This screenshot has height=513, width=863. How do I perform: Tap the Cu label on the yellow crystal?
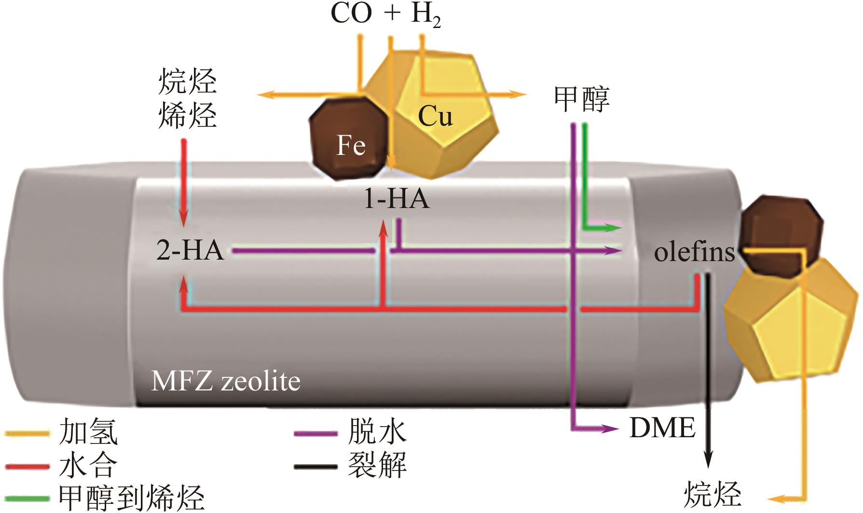[x=435, y=116]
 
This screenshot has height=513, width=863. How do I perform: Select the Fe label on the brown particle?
[x=351, y=145]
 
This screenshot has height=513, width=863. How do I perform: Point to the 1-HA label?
[x=396, y=199]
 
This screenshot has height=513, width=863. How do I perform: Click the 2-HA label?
[x=191, y=251]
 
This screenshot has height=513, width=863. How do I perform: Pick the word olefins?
[x=695, y=251]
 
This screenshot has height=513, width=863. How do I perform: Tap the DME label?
[x=662, y=428]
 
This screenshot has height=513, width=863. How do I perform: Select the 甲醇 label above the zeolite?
[x=582, y=99]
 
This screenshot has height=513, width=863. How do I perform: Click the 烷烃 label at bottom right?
[x=712, y=494]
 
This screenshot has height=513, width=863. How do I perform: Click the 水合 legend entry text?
[x=88, y=465]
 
